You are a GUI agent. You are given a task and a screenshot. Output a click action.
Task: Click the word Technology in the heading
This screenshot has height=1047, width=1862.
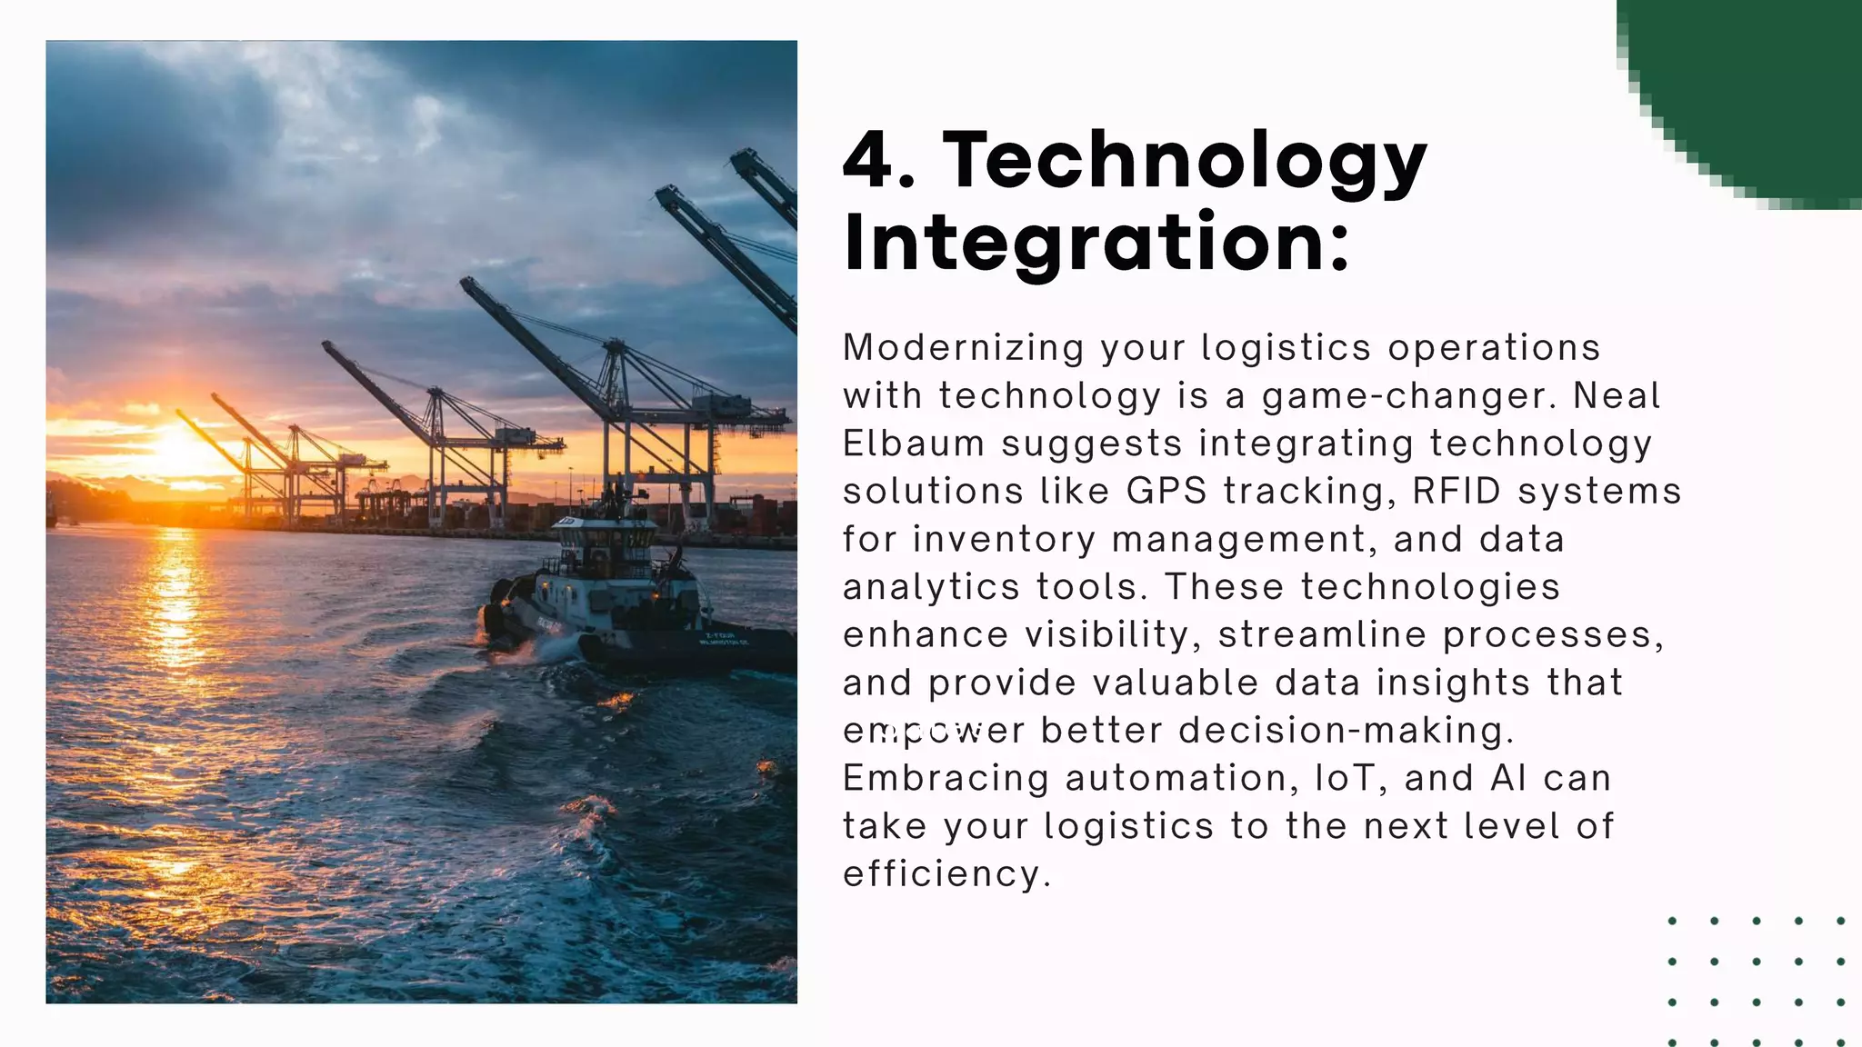1184,162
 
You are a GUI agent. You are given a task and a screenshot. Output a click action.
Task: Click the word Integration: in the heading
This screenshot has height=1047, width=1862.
1096,244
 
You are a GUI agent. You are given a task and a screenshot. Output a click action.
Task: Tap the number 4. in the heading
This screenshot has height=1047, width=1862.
878,162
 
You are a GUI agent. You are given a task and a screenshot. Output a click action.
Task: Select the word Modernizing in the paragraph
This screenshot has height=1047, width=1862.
964,348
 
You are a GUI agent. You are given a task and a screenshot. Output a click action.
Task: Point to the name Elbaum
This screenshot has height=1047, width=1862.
914,444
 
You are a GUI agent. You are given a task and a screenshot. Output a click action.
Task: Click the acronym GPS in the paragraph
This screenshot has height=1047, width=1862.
1166,492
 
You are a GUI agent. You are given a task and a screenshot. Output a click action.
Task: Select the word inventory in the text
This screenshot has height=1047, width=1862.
1005,540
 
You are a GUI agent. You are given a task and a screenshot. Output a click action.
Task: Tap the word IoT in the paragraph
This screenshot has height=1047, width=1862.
1344,779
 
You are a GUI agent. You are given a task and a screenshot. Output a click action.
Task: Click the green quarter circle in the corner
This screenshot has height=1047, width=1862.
1764,82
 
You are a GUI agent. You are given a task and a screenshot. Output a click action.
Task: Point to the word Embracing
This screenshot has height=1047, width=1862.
946,779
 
